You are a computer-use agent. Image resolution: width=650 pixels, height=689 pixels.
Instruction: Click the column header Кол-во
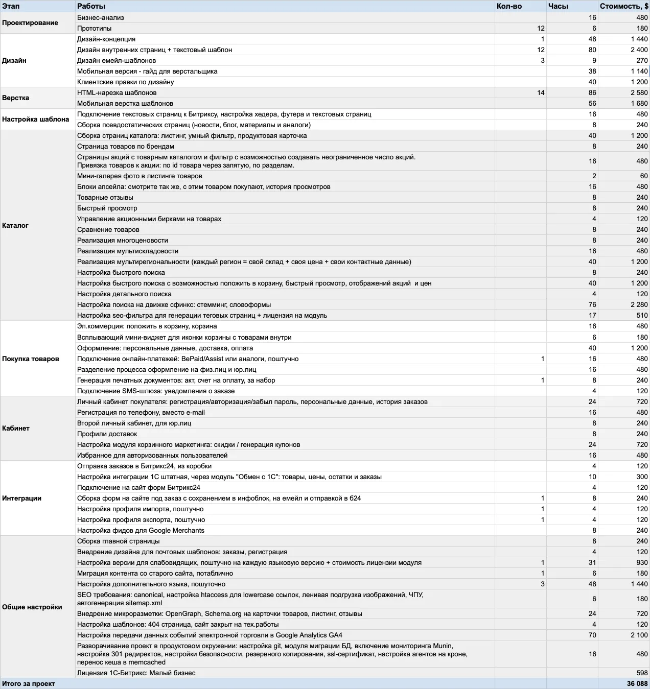point(509,6)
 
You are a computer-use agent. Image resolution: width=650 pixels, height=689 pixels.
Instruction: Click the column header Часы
point(558,6)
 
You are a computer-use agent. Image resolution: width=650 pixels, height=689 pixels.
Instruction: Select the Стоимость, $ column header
point(623,6)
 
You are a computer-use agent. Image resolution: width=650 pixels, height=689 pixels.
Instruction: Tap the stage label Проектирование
point(30,23)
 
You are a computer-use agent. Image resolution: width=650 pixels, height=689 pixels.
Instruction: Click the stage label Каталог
point(15,225)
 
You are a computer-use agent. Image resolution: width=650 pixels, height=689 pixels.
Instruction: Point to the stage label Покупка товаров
point(31,359)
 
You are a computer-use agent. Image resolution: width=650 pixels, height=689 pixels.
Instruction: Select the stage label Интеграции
point(21,498)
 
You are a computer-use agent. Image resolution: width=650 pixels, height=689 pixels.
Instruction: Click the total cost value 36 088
point(637,683)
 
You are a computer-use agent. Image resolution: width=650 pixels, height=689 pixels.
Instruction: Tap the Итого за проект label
point(29,683)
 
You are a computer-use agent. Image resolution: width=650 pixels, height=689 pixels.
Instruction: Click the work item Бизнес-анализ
point(101,17)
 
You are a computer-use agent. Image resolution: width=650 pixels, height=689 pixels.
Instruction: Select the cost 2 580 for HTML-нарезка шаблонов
point(639,92)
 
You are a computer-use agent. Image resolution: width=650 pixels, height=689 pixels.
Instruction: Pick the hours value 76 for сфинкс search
point(592,304)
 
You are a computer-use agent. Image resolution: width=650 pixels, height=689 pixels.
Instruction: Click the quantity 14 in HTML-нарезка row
point(541,92)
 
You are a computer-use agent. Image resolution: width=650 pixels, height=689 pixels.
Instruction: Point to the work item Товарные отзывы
point(105,197)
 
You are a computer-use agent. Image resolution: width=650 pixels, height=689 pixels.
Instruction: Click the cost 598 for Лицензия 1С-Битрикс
point(642,673)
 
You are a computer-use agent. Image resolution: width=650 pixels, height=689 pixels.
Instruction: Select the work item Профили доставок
point(107,434)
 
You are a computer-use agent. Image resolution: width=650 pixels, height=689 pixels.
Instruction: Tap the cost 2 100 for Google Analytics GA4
point(639,635)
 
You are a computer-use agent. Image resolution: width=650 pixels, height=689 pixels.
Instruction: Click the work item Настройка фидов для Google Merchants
point(141,530)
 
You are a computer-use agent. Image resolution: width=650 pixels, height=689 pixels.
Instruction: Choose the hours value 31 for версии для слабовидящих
point(592,562)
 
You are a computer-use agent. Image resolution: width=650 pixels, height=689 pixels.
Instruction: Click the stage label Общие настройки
point(32,607)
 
